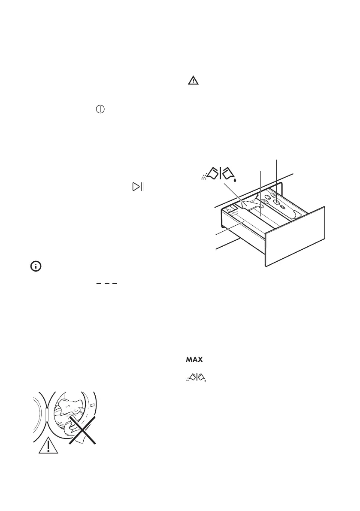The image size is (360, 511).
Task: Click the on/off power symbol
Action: pyautogui.click(x=100, y=109)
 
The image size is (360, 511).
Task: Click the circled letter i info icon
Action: pyautogui.click(x=35, y=266)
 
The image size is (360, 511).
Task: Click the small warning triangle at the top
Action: pyautogui.click(x=193, y=80)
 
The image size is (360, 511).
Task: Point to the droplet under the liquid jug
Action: pyautogui.click(x=235, y=181)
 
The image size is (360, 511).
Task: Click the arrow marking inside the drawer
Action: pyautogui.click(x=229, y=210)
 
